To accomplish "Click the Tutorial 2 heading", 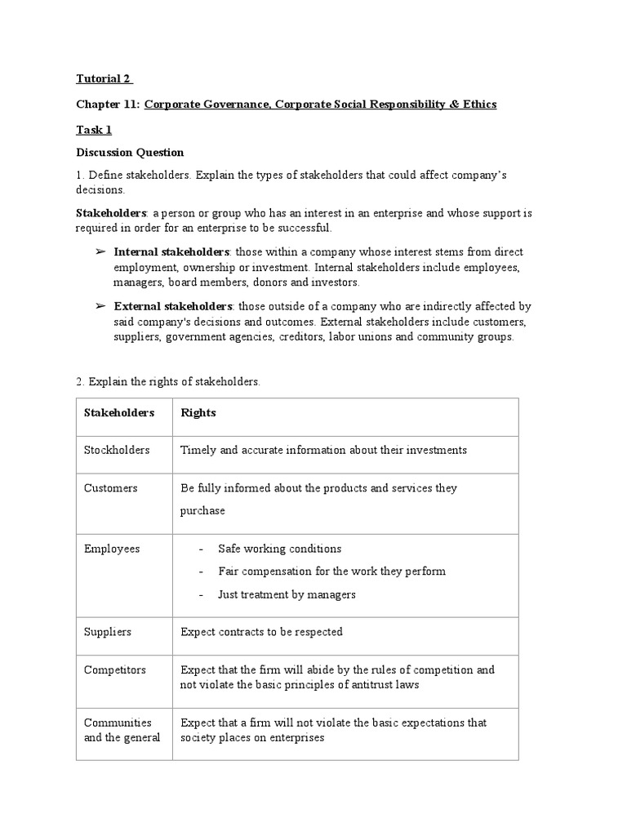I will pos(104,79).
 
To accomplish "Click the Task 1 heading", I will pos(94,129).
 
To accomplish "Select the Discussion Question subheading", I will pos(130,153).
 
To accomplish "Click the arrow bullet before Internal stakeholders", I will pos(101,252).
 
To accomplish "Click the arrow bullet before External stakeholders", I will pos(101,306).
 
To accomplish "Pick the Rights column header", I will pos(198,413).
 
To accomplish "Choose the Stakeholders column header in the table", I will pos(119,413).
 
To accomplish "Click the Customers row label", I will pos(111,488).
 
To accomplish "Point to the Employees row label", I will pos(112,549).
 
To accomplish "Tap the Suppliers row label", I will pos(108,632).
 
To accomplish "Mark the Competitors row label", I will pos(115,670).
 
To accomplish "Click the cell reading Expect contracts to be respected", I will pos(261,632).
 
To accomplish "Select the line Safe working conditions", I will pos(279,549).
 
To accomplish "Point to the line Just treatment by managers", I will pos(287,594).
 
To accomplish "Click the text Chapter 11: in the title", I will pos(108,104).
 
